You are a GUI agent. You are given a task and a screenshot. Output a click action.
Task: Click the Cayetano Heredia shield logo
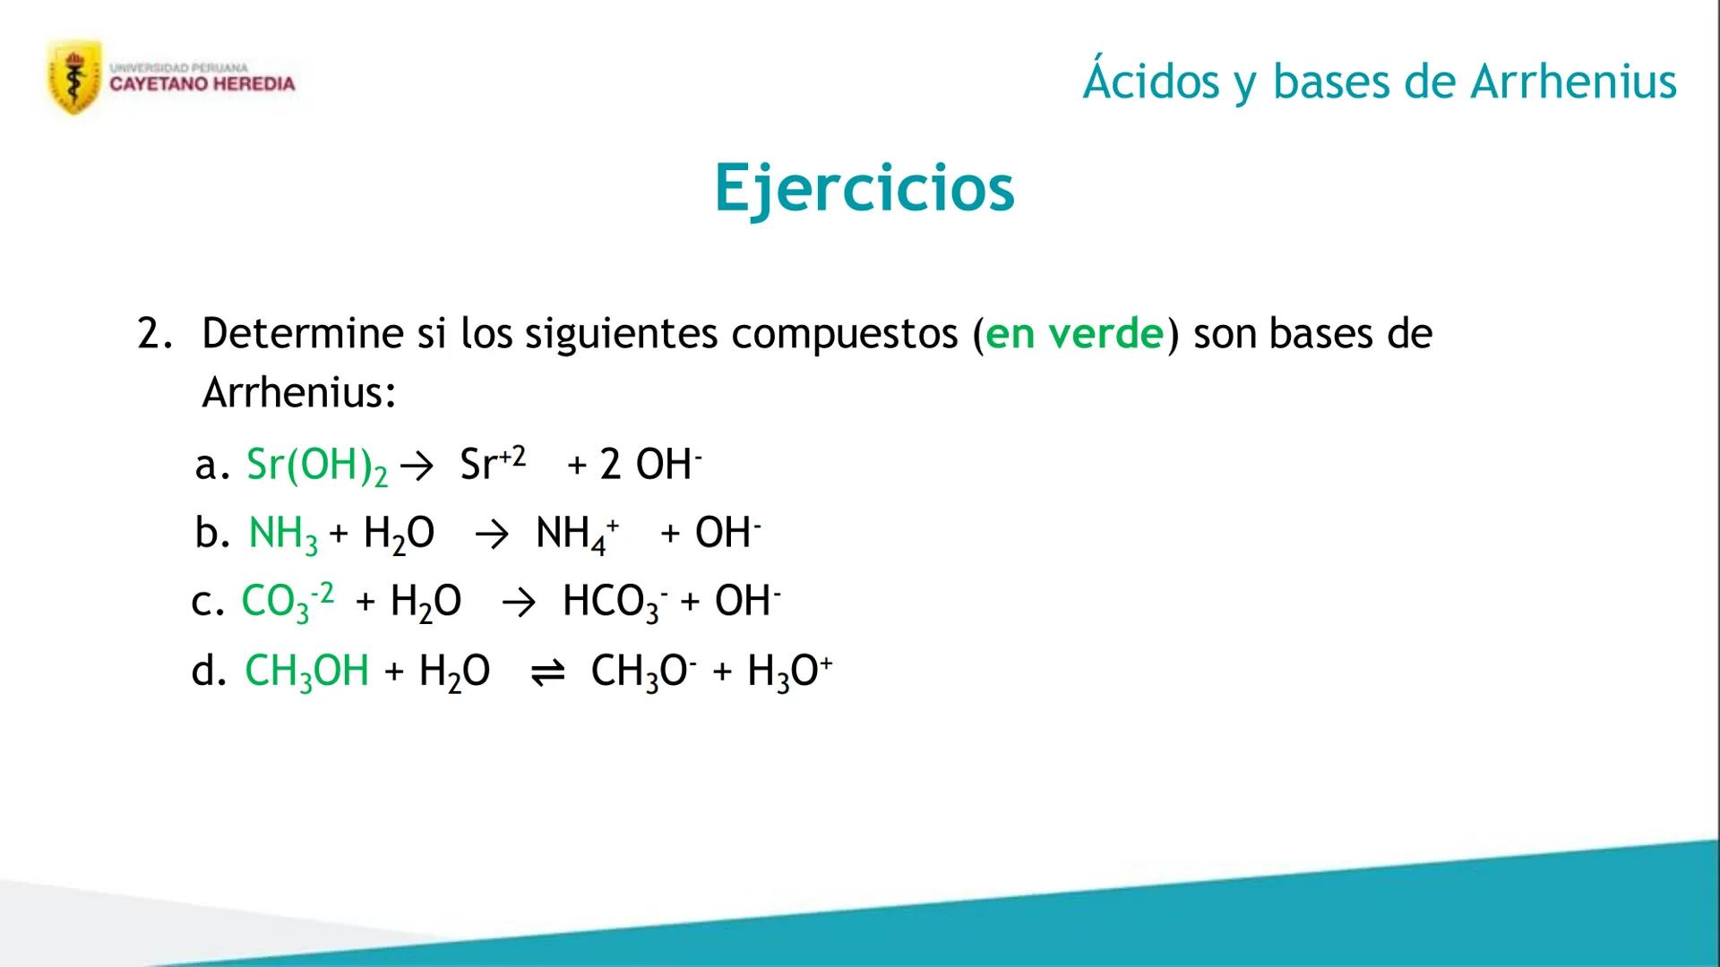coord(74,77)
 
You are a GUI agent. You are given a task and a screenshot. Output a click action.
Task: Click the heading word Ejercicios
coord(864,188)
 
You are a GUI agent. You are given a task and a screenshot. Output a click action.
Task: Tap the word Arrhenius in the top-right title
coord(1573,81)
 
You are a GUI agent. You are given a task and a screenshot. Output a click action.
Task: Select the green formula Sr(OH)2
coord(317,466)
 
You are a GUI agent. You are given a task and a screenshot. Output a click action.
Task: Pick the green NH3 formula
coord(283,535)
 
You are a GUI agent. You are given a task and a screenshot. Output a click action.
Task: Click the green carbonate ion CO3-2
coord(288,602)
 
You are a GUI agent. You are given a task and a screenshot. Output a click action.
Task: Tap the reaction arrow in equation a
coord(417,466)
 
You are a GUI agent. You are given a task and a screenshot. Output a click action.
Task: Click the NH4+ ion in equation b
coord(577,535)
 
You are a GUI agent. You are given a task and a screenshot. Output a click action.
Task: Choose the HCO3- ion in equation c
coord(615,602)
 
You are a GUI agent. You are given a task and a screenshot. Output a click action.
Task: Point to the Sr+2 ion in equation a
coord(493,463)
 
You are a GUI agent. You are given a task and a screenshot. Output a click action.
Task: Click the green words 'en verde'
coord(1075,333)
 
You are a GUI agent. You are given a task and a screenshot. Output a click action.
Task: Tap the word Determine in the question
coord(303,333)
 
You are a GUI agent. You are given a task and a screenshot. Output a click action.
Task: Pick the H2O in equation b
coord(399,535)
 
